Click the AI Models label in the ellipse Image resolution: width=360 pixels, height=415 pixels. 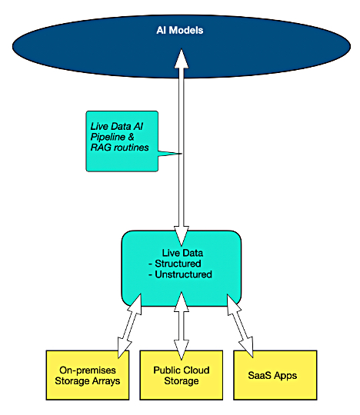pos(180,30)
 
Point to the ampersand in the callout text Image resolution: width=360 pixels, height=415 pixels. pos(131,137)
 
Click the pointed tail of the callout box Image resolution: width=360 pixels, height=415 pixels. pos(182,154)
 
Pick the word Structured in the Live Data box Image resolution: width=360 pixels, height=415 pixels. pos(178,264)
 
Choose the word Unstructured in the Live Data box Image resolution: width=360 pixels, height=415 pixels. pos(183,274)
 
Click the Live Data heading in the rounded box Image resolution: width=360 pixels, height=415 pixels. pos(182,253)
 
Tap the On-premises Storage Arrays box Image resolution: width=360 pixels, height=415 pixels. pos(88,375)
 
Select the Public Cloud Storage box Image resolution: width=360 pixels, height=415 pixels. pos(182,375)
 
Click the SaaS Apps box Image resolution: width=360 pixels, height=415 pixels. pos(275,375)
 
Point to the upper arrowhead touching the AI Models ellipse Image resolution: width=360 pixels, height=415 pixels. pos(182,58)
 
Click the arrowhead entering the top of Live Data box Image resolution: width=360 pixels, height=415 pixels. pos(182,236)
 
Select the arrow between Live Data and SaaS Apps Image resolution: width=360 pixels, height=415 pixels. pos(240,325)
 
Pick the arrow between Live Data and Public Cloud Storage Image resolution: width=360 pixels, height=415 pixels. pos(182,326)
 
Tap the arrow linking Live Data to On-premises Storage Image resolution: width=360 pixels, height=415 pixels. pos(129,326)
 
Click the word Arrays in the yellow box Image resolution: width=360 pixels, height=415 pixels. pos(106,381)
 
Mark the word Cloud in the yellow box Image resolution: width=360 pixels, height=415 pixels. pos(195,370)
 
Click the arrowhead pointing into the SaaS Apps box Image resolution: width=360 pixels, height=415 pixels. pos(247,347)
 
